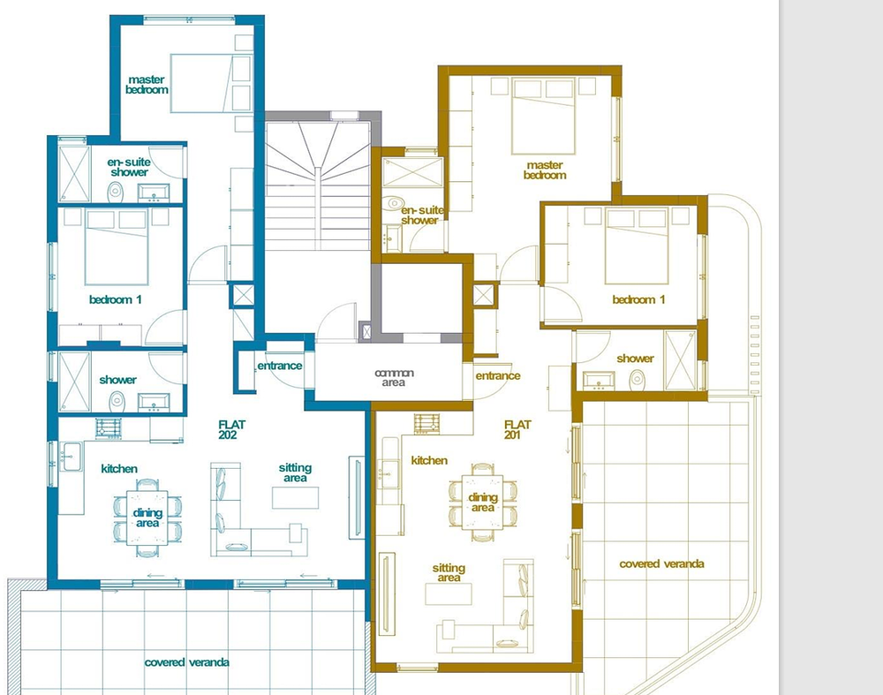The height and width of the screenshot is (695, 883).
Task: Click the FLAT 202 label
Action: (x=231, y=430)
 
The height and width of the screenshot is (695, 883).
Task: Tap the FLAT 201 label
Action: (x=517, y=430)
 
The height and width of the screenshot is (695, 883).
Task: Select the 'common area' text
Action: (x=394, y=377)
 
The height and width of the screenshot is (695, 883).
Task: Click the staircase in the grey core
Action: (x=318, y=185)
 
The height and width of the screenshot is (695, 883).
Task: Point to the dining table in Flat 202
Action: (x=147, y=517)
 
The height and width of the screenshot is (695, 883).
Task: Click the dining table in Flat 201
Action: (x=482, y=502)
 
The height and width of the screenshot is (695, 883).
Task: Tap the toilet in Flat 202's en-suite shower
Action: (x=116, y=192)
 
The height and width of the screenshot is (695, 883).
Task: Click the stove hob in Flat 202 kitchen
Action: (x=108, y=428)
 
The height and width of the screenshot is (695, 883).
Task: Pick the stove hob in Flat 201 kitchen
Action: (x=426, y=424)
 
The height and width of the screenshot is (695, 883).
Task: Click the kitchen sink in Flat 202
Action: (x=72, y=457)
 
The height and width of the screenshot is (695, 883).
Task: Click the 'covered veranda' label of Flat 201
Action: (x=661, y=563)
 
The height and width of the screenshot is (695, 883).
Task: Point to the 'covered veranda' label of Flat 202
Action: (x=186, y=662)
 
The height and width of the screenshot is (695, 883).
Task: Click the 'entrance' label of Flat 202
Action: (x=280, y=366)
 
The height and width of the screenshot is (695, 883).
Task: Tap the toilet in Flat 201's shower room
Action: (x=637, y=379)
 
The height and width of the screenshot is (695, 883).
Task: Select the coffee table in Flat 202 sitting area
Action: (x=291, y=498)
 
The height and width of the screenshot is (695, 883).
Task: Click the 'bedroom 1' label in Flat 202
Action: (x=116, y=299)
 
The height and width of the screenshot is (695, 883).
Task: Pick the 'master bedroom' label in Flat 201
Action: (x=545, y=170)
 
